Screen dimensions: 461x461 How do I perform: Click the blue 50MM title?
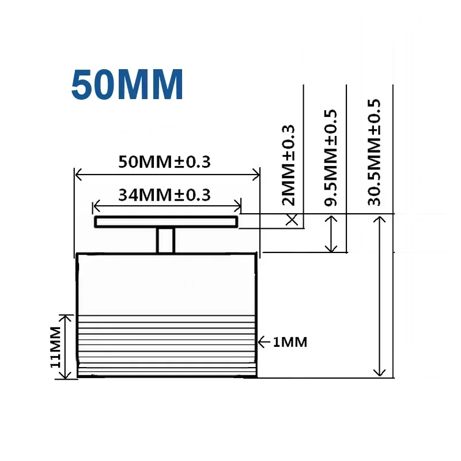point(127,85)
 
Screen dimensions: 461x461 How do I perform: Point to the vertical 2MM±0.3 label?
point(289,165)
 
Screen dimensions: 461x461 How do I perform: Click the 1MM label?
point(289,342)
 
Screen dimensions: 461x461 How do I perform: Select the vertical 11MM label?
point(55,346)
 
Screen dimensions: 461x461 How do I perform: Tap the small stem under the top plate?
point(167,240)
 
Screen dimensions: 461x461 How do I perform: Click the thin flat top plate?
point(167,222)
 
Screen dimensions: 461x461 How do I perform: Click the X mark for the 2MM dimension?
point(292,219)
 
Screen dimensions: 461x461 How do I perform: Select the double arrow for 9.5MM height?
point(331,233)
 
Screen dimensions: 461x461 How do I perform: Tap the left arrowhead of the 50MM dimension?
point(79,175)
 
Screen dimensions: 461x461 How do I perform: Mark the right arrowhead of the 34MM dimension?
point(238,206)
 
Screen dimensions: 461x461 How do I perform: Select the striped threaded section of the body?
point(167,344)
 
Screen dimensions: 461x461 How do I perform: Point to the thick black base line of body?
point(167,377)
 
